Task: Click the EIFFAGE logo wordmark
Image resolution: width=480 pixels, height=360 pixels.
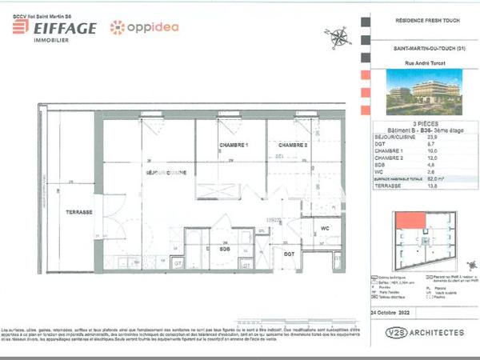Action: coord(54,29)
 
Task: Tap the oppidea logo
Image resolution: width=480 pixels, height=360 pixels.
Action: coord(144,27)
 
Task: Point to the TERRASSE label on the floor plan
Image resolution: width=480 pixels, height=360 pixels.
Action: coord(79,211)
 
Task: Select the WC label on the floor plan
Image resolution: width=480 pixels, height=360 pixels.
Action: coord(324,228)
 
